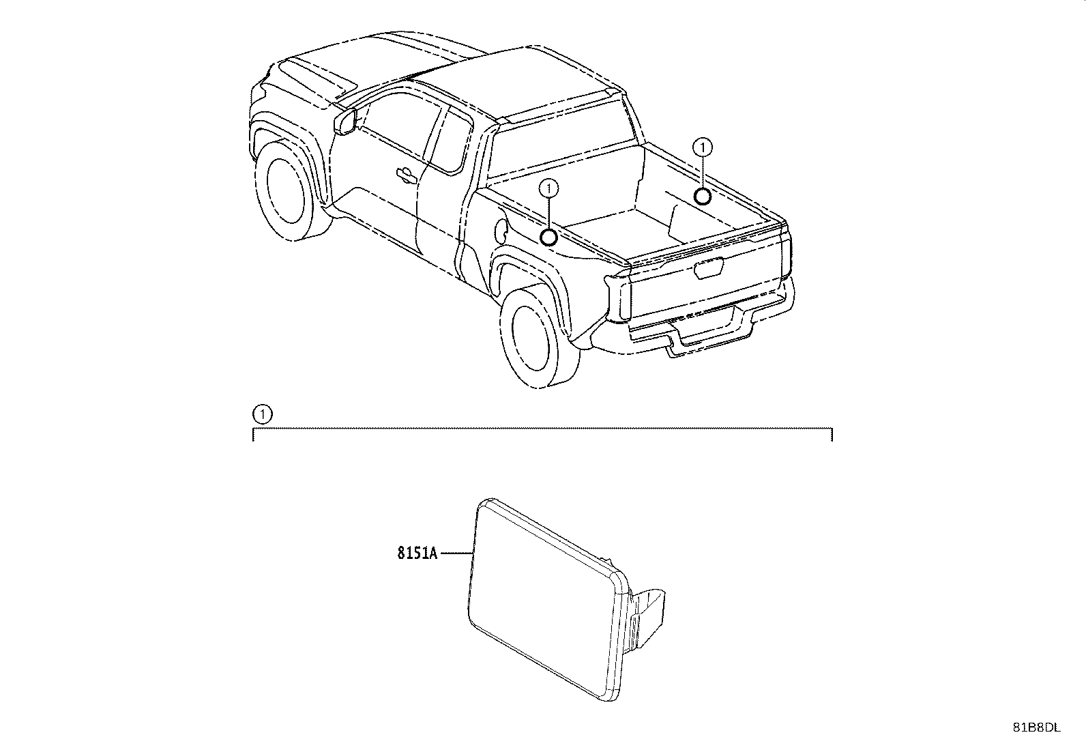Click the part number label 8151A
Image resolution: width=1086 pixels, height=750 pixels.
point(417,553)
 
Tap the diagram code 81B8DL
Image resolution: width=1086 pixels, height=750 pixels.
point(1036,727)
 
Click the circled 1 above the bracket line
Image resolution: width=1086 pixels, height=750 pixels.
point(262,414)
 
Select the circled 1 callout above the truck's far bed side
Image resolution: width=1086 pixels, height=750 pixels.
point(703,147)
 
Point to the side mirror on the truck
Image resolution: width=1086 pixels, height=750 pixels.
point(344,121)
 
